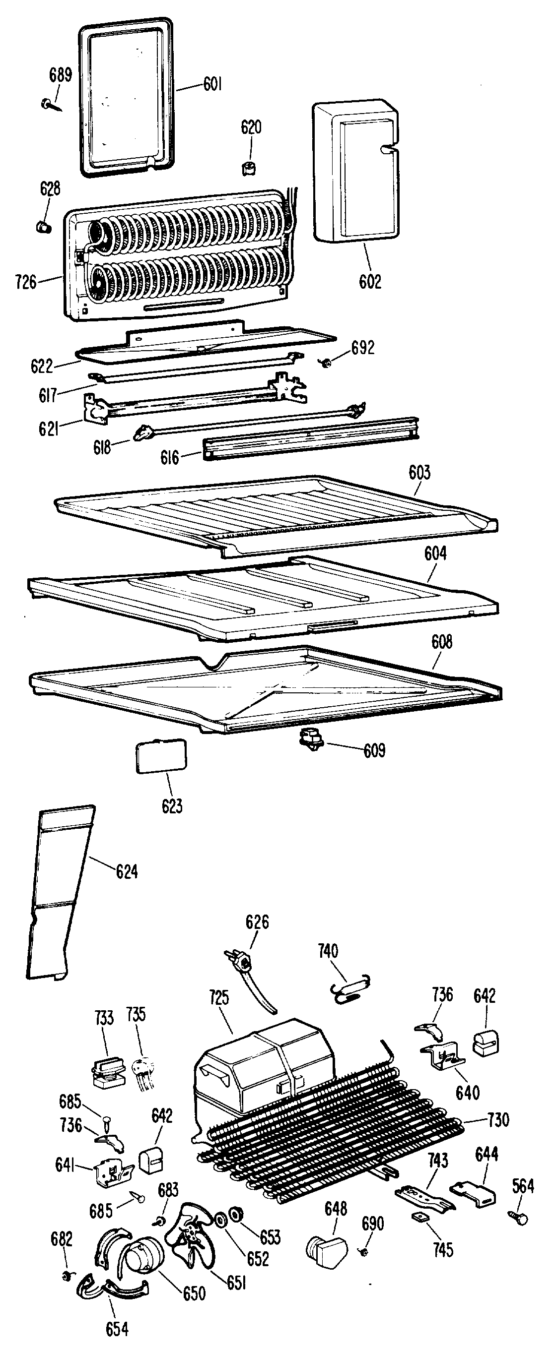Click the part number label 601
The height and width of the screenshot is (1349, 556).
pos(213,84)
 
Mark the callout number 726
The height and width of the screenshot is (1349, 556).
pos(26,283)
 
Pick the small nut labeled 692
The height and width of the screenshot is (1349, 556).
pos(327,362)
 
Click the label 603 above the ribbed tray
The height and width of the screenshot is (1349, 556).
pos(420,472)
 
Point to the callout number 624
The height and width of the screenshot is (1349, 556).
pos(127,872)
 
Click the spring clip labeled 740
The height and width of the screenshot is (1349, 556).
pos(349,989)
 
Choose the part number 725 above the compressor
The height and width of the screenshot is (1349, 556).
pos(218,997)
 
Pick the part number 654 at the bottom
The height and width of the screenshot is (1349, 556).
pos(117,1329)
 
